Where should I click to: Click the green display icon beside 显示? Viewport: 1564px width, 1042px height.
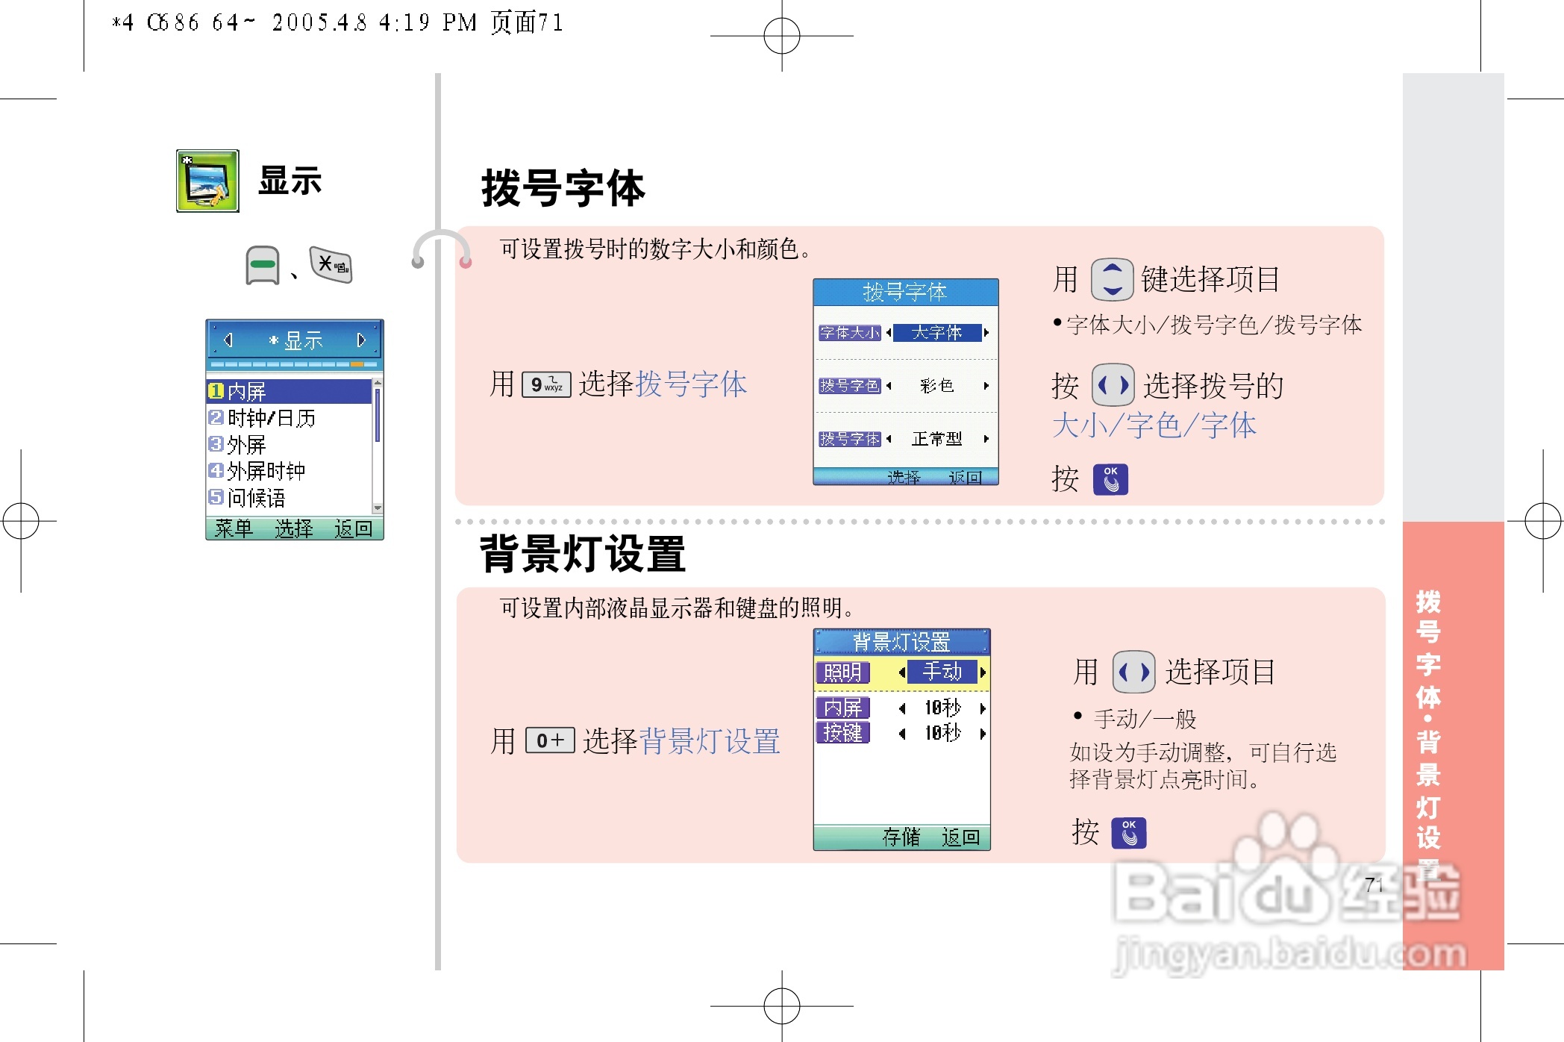pyautogui.click(x=207, y=181)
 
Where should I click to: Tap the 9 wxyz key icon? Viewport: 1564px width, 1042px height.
pyautogui.click(x=546, y=384)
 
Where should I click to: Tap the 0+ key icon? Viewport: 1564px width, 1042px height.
pyautogui.click(x=550, y=740)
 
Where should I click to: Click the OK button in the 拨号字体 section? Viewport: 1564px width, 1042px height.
pyautogui.click(x=1110, y=479)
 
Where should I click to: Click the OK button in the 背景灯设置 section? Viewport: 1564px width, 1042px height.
pyautogui.click(x=1128, y=833)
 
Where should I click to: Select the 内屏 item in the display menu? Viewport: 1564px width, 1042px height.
pyautogui.click(x=246, y=391)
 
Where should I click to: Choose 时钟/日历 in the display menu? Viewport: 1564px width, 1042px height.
pyautogui.click(x=270, y=418)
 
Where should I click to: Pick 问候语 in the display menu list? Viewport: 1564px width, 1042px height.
pyautogui.click(x=255, y=498)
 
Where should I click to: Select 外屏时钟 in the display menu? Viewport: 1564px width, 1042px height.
pyautogui.click(x=265, y=471)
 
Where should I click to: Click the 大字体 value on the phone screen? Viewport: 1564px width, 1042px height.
pyautogui.click(x=936, y=333)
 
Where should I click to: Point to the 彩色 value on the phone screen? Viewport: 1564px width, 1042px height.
pyautogui.click(x=936, y=386)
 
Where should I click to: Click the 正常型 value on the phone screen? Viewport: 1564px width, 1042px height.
pyautogui.click(x=936, y=439)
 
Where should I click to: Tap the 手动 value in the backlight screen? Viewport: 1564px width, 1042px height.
pyautogui.click(x=942, y=672)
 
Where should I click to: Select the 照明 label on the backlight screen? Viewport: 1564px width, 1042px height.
pyautogui.click(x=842, y=673)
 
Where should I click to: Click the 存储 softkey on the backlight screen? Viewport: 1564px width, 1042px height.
pyautogui.click(x=901, y=837)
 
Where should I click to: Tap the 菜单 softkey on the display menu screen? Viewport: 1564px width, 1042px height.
pyautogui.click(x=234, y=529)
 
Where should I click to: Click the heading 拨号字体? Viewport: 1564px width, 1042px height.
pyautogui.click(x=563, y=188)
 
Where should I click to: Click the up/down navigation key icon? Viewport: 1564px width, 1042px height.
pyautogui.click(x=1112, y=279)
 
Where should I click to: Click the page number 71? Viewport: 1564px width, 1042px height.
pyautogui.click(x=1374, y=885)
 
